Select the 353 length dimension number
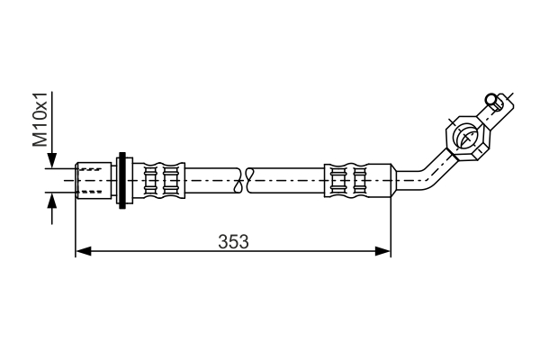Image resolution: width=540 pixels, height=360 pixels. click(x=233, y=241)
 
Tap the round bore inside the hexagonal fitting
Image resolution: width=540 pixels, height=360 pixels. click(x=467, y=137)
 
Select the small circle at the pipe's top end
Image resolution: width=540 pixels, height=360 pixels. click(x=490, y=99)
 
